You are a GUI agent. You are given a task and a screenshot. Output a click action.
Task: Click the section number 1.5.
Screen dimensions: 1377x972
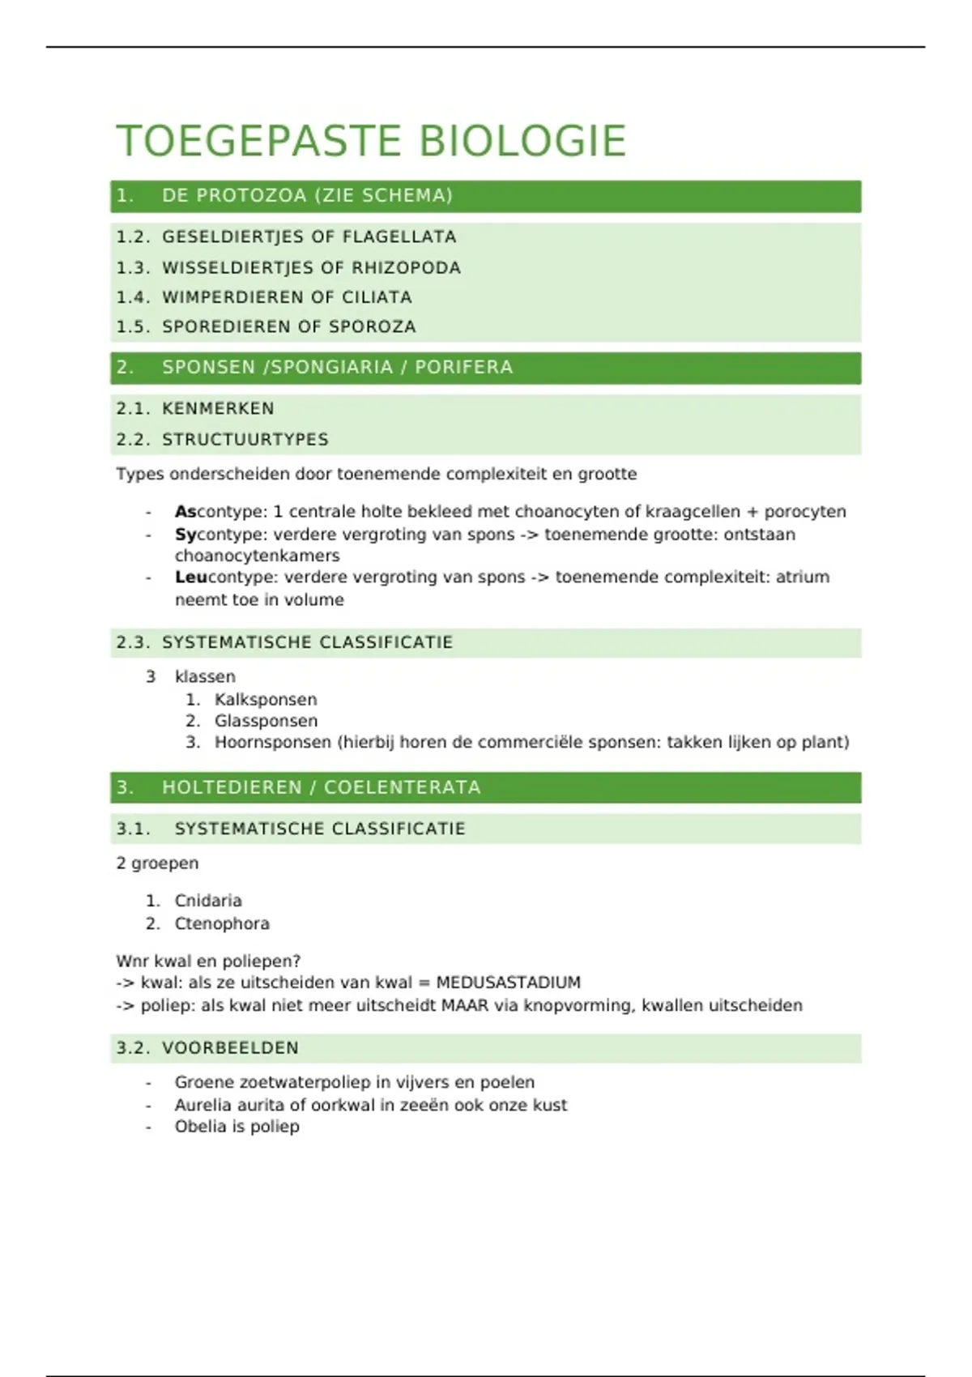click(133, 327)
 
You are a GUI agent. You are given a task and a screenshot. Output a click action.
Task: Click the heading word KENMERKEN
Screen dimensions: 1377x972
click(218, 409)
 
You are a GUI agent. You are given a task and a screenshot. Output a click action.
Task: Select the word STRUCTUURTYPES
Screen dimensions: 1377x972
click(245, 440)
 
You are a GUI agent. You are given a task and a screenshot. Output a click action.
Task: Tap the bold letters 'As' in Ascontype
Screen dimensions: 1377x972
click(185, 512)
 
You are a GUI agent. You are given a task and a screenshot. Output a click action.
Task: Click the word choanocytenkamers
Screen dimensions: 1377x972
click(257, 556)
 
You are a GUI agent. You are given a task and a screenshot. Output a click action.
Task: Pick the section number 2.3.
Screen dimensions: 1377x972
click(133, 643)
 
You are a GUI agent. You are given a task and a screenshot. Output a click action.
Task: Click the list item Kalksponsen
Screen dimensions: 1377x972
click(265, 700)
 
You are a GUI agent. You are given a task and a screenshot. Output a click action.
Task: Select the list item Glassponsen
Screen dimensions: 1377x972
click(266, 721)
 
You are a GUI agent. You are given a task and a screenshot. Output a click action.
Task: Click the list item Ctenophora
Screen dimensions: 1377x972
click(221, 923)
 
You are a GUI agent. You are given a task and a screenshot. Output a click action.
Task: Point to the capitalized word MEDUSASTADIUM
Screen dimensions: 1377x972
click(508, 983)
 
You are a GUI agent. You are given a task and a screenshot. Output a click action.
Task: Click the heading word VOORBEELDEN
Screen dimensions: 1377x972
click(230, 1048)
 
